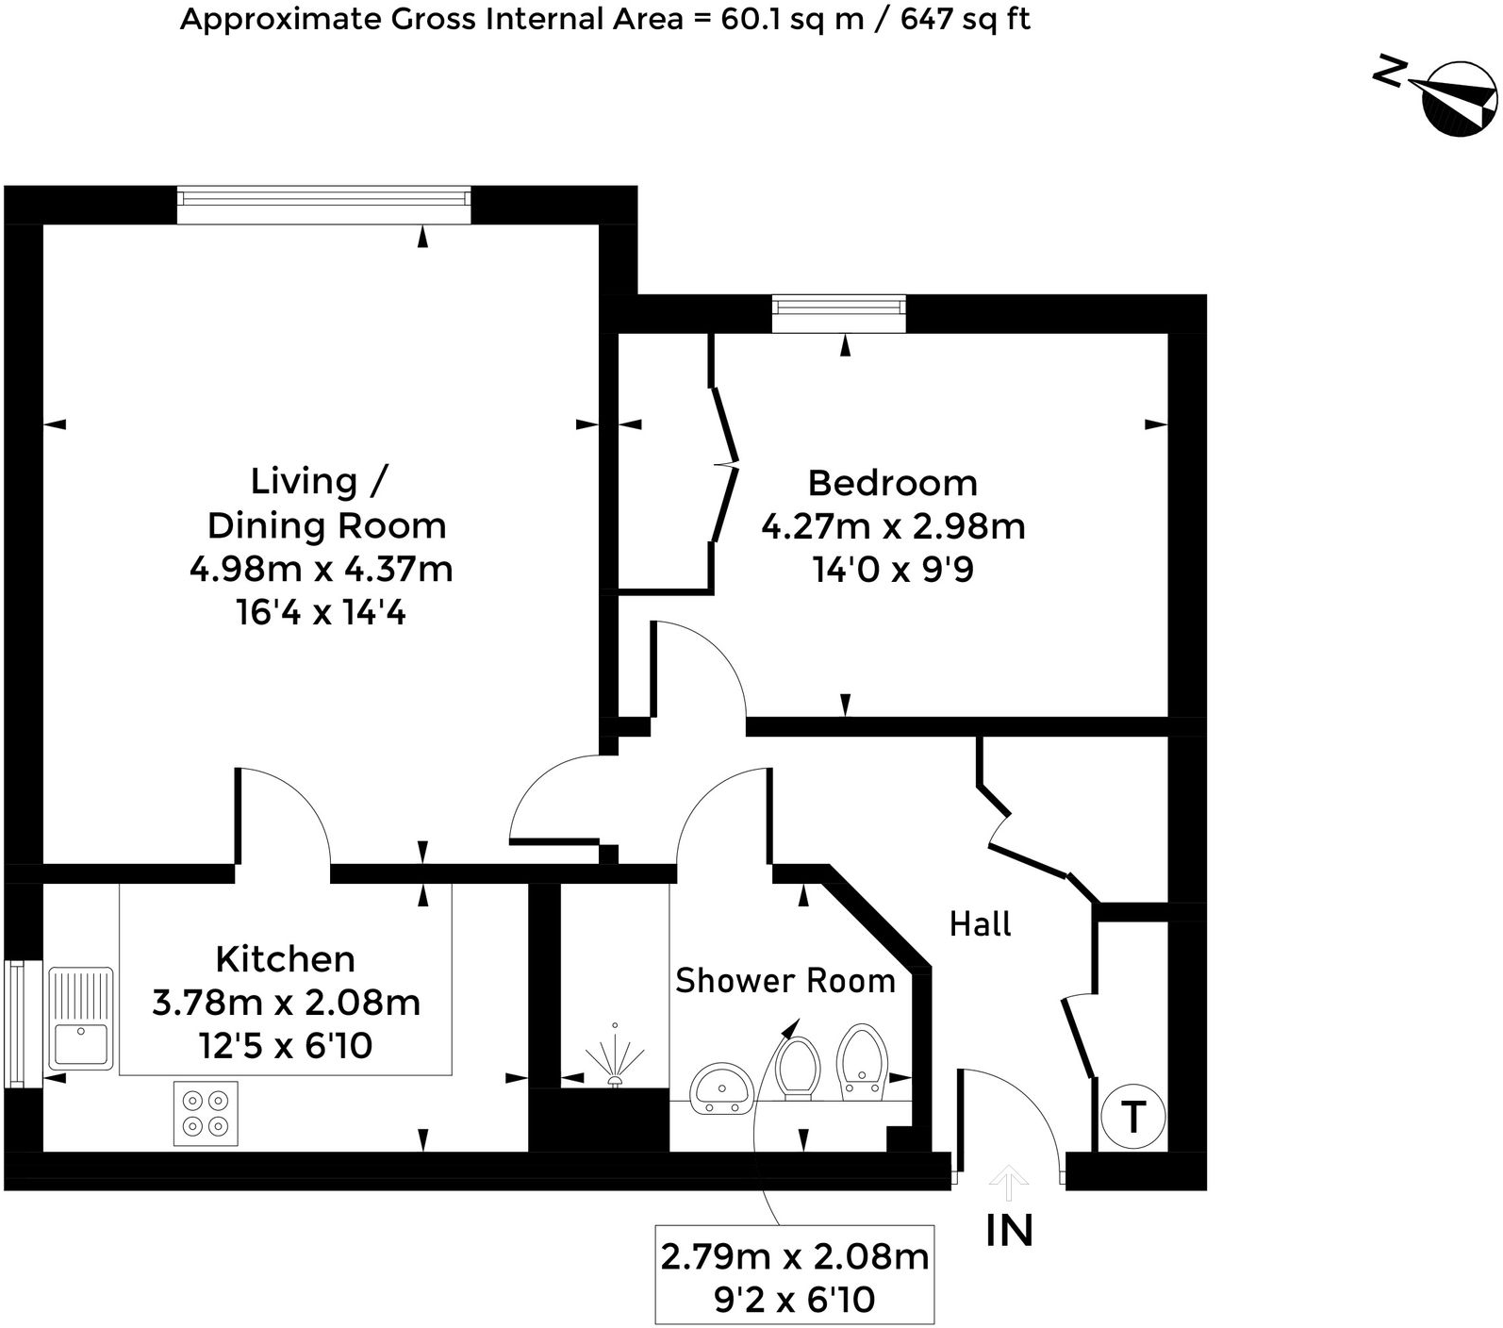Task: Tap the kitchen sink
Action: (x=81, y=1019)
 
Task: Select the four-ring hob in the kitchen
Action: (x=206, y=1113)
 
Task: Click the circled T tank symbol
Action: (x=1132, y=1118)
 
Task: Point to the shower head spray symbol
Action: (x=615, y=1060)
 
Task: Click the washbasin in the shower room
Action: (x=721, y=1088)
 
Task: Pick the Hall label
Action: (x=980, y=924)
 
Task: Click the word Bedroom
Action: (x=892, y=483)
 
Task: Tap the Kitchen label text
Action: (x=285, y=959)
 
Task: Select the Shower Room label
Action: (x=785, y=981)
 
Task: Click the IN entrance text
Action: (x=1009, y=1231)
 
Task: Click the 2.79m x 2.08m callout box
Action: (x=794, y=1276)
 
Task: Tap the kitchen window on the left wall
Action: (x=15, y=1023)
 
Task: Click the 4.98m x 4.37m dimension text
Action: (x=321, y=570)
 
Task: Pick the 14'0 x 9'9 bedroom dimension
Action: (x=892, y=570)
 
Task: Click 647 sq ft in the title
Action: (x=965, y=19)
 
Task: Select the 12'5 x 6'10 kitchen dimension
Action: (x=285, y=1046)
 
